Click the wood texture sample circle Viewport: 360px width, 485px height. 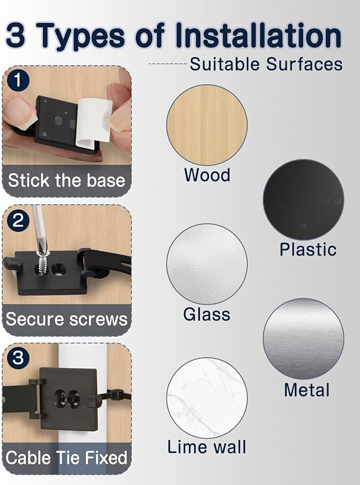click(207, 125)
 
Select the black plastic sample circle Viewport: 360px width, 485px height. click(303, 200)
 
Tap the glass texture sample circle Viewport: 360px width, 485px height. click(207, 264)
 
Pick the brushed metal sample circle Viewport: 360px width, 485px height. click(303, 339)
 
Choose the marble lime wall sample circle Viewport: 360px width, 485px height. click(207, 398)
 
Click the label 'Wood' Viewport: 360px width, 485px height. click(207, 175)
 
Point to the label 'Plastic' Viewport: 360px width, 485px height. click(308, 249)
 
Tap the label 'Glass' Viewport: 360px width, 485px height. click(207, 315)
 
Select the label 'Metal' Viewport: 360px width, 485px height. click(307, 390)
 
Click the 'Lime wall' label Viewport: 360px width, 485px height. click(207, 447)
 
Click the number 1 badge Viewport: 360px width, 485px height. click(18, 81)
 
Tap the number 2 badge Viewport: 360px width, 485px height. click(18, 220)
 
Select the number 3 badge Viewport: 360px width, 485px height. click(18, 358)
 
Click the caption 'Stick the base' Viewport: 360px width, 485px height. click(67, 180)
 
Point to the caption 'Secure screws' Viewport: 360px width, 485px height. click(67, 319)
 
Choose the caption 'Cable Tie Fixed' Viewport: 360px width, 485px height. click(67, 458)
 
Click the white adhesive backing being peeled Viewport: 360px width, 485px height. click(94, 121)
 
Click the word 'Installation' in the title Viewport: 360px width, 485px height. click(258, 36)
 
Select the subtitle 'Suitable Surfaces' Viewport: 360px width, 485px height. click(266, 65)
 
